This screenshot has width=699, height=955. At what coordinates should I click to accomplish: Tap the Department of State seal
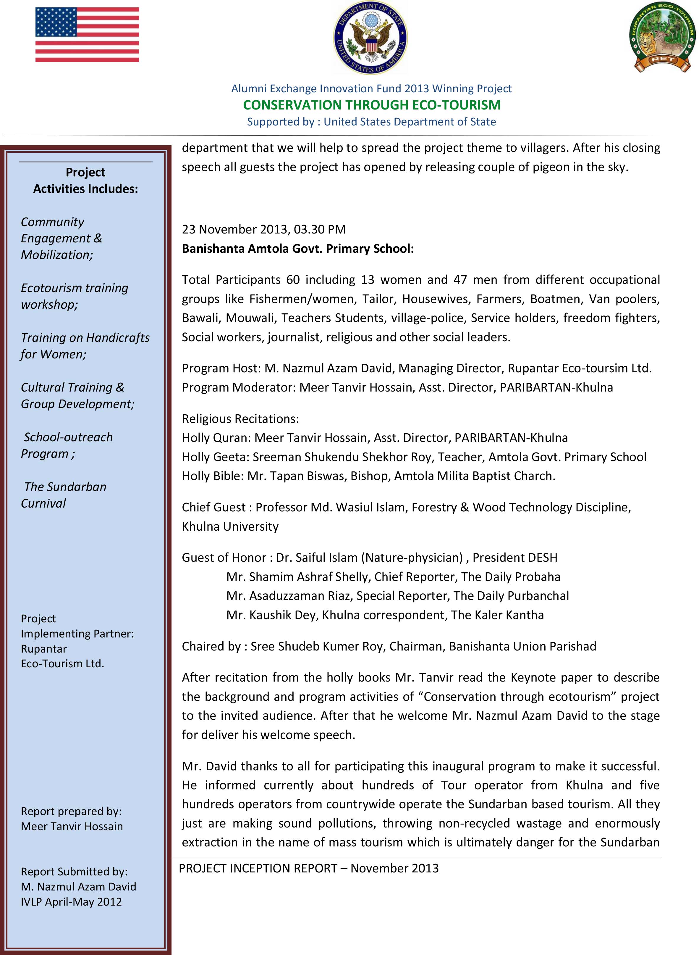(371, 37)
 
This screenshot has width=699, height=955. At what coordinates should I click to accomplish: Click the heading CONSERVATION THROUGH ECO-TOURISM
(371, 105)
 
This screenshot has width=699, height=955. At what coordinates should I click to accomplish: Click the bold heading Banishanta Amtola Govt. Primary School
(297, 249)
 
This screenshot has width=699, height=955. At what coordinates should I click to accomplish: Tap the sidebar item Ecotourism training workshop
(75, 296)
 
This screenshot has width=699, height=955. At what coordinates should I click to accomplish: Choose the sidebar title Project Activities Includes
(85, 181)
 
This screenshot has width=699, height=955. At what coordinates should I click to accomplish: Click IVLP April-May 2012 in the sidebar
(71, 902)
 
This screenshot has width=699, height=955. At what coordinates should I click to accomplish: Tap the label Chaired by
(211, 646)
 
